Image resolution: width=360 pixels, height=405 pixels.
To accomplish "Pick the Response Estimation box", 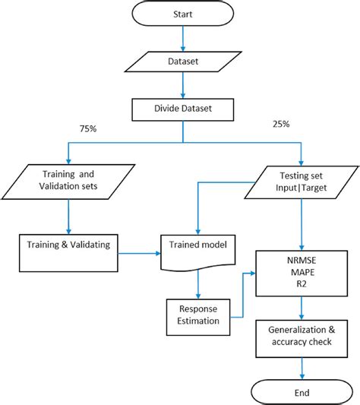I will coord(197,315).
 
